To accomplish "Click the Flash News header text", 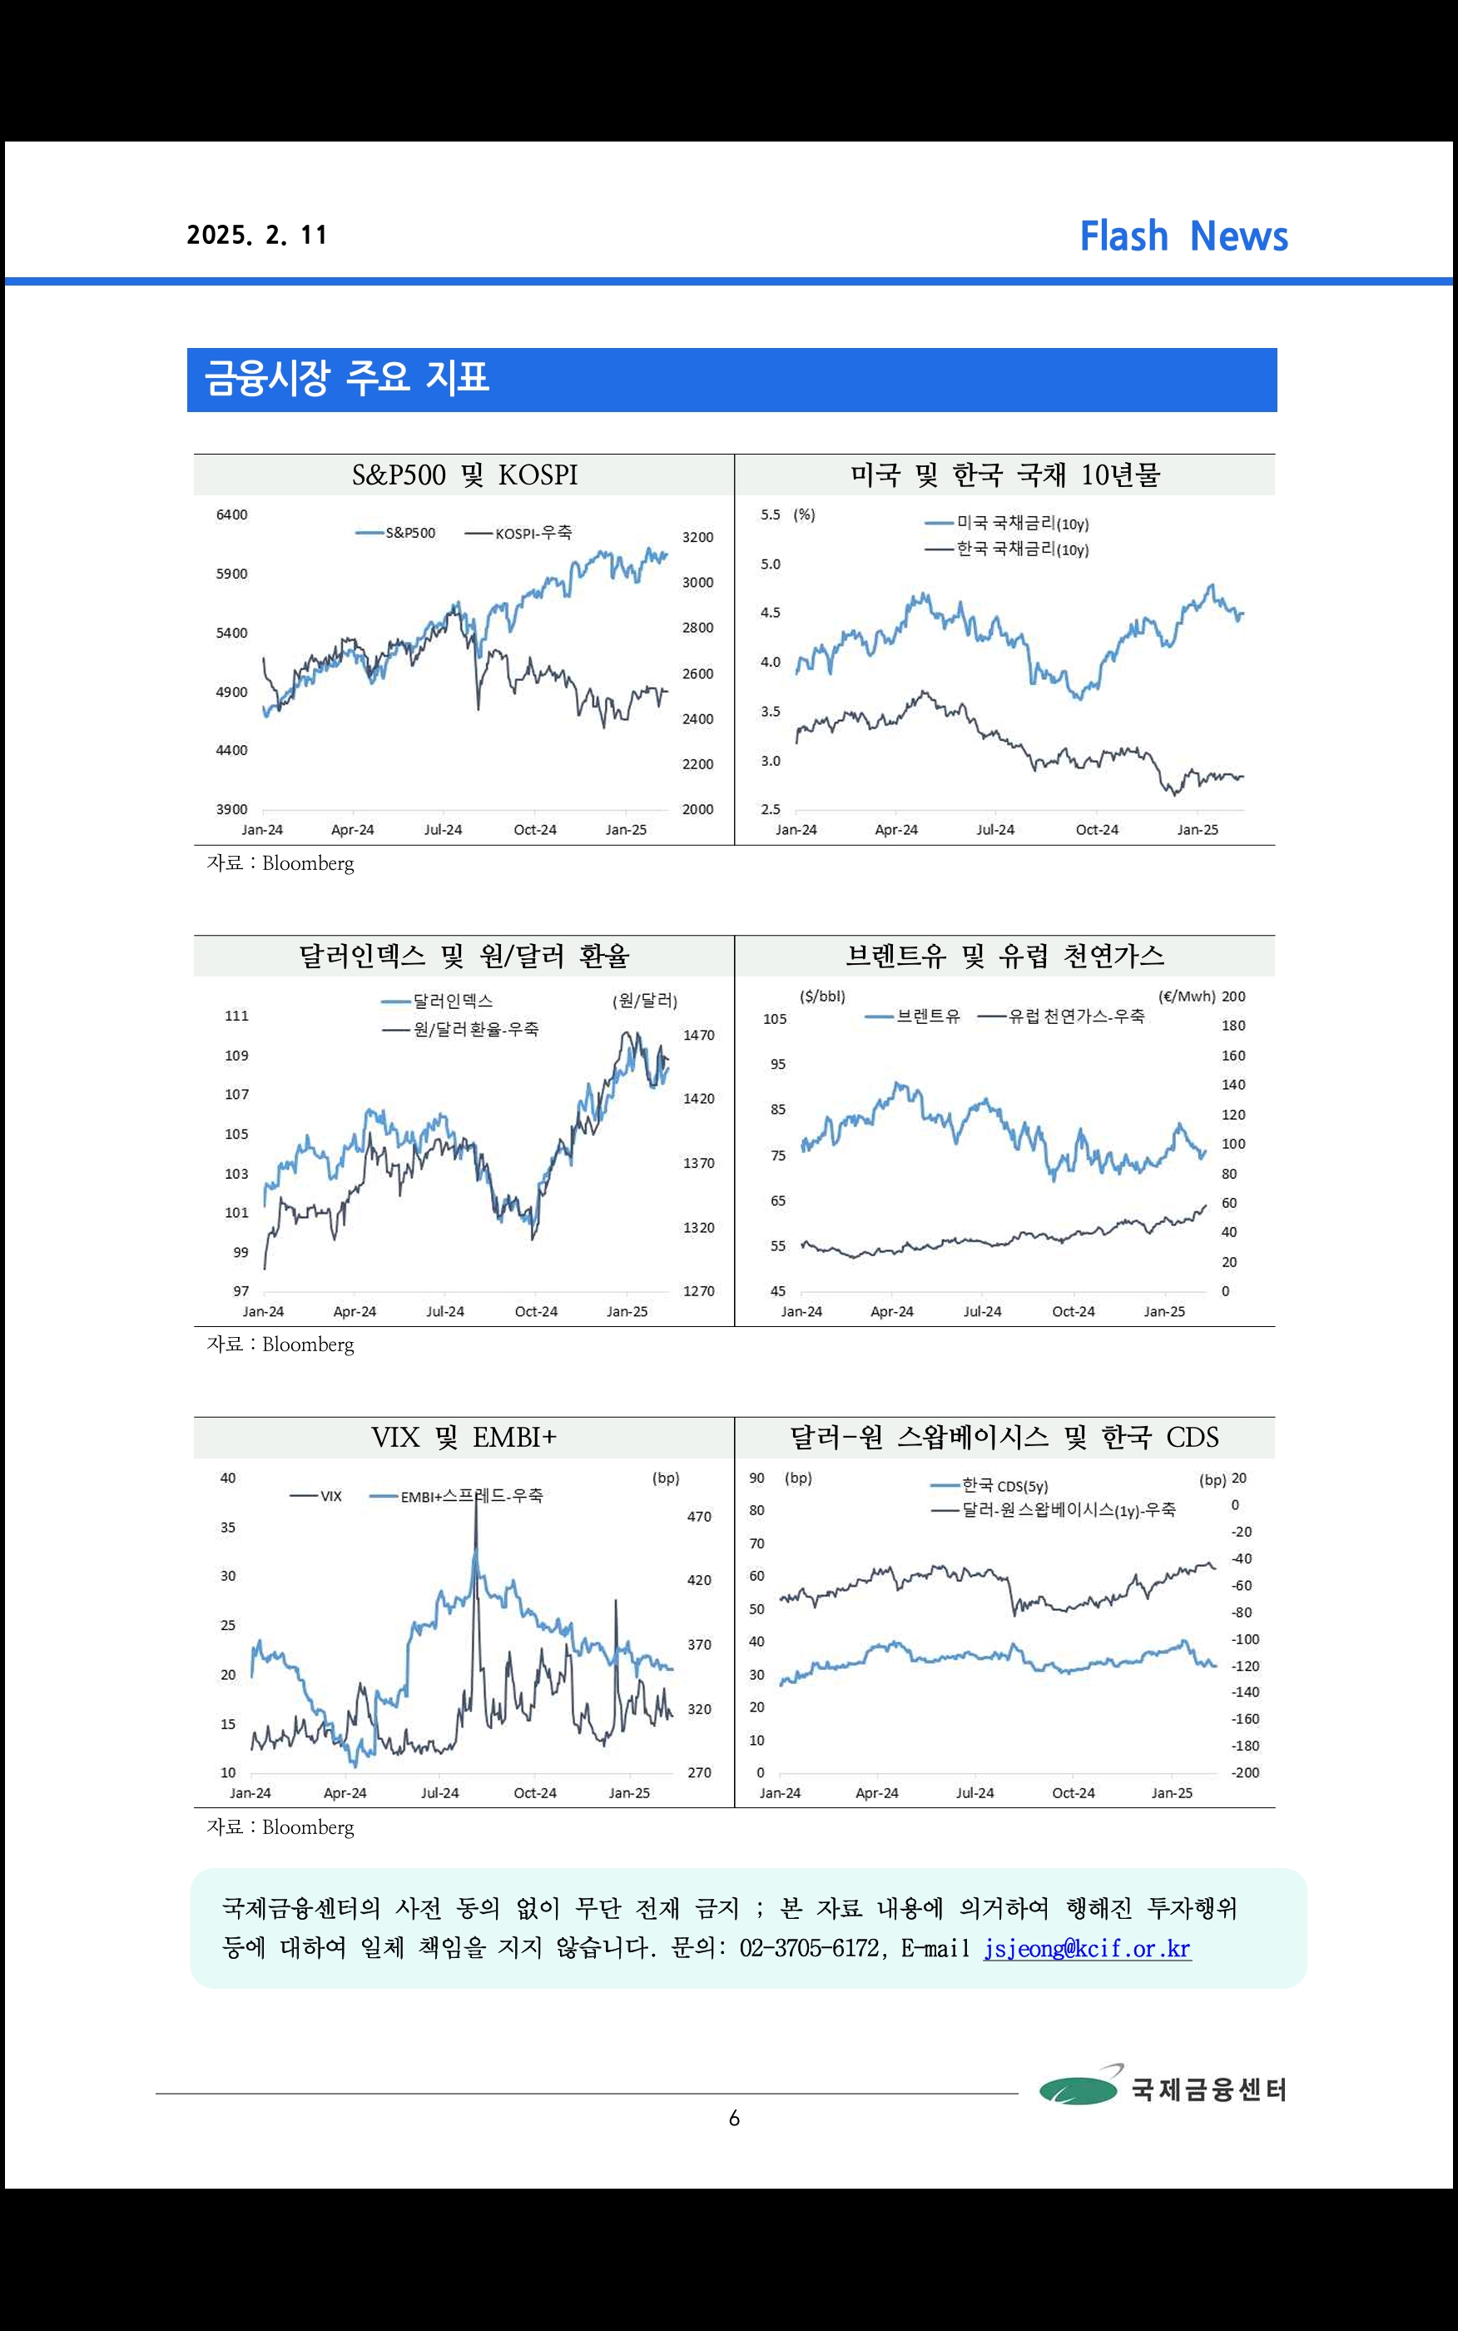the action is (1183, 236).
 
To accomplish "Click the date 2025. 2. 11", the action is (257, 236).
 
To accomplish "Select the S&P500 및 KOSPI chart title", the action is (465, 475).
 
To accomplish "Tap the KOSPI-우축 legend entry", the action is (518, 532).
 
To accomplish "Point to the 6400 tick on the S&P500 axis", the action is (231, 515).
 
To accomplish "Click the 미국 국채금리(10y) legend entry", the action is (1007, 524).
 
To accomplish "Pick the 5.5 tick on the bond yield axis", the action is (771, 515).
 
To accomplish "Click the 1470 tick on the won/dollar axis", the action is (699, 1035).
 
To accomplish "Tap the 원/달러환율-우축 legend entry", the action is (461, 1029).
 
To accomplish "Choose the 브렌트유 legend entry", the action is (912, 1016).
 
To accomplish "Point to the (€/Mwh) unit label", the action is (1186, 997).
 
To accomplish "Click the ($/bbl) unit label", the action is (822, 997).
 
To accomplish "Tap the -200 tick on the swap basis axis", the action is (1245, 1772).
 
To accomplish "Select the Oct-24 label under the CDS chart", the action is (1074, 1793).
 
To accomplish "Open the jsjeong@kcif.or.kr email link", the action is (1088, 1948).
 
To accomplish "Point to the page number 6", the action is (734, 2118).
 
